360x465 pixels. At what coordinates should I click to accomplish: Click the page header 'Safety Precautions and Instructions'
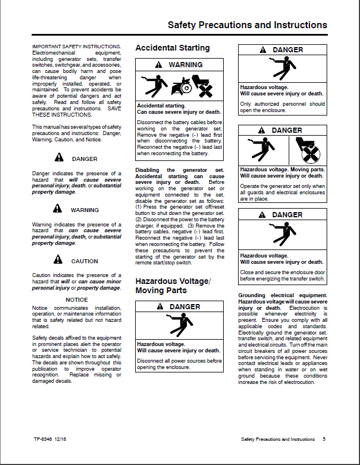coord(247,25)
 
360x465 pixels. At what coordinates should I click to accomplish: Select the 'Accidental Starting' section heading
coord(173,48)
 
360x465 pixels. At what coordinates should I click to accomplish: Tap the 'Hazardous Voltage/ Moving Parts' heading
coord(173,286)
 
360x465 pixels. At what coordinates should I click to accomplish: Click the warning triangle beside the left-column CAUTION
coord(59,261)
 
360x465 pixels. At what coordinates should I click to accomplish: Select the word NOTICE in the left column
coord(76,299)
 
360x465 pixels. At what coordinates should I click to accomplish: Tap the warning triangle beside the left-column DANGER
coord(59,158)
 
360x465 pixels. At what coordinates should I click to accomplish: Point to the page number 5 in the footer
coord(324,439)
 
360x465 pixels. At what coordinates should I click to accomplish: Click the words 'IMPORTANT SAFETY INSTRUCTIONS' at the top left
coord(76,46)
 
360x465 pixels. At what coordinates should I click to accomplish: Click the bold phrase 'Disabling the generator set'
coord(179,170)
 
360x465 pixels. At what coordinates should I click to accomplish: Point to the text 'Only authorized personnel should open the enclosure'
coord(282,107)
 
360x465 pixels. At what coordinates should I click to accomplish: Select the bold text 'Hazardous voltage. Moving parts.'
coord(282,170)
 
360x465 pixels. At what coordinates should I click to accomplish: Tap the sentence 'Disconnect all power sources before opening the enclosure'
coord(179,364)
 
